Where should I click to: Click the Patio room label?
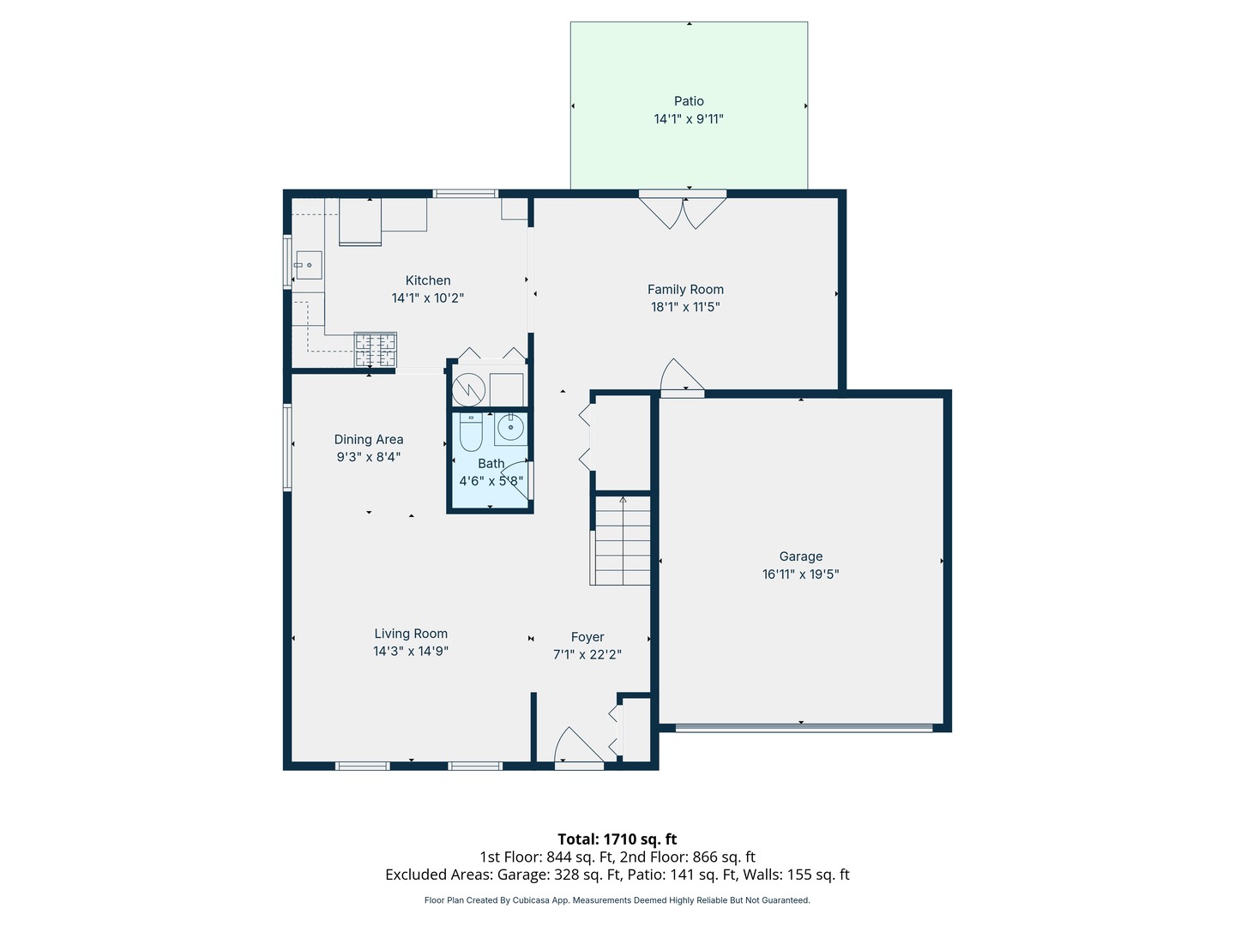click(688, 101)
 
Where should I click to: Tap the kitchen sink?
click(309, 265)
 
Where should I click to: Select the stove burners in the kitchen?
click(376, 349)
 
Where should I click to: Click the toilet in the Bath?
click(471, 432)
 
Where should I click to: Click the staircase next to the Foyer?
click(623, 540)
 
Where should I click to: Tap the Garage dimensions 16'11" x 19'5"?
click(800, 574)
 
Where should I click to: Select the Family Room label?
click(685, 289)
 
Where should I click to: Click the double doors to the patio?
click(683, 212)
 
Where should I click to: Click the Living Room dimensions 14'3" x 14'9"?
click(411, 651)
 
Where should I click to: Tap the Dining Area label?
click(369, 439)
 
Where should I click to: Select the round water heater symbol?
click(468, 389)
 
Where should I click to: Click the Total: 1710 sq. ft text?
click(617, 839)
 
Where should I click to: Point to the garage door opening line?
click(804, 728)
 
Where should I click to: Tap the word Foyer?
click(587, 637)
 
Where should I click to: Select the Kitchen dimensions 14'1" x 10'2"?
click(428, 298)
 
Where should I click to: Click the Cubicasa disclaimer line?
click(617, 900)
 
